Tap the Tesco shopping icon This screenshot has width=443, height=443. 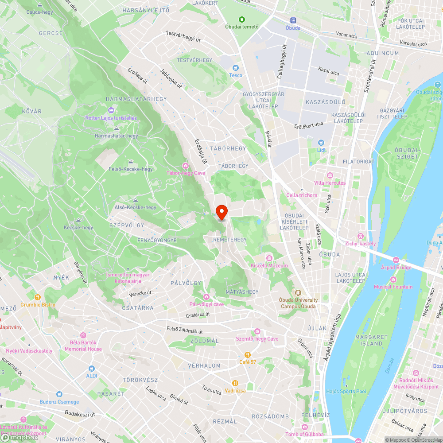click(236, 68)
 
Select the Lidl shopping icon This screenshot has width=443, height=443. click(321, 143)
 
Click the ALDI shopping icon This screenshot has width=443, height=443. click(91, 369)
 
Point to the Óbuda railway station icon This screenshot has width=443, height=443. click(293, 20)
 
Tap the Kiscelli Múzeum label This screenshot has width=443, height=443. click(269, 265)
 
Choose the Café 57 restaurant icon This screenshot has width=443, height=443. click(248, 355)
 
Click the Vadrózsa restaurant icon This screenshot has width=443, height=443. click(235, 383)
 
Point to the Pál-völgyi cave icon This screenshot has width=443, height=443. click(206, 296)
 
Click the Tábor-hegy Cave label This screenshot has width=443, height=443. click(186, 173)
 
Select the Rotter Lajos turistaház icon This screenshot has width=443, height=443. click(111, 110)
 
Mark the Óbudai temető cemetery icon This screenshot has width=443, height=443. click(242, 19)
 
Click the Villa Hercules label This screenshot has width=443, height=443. click(330, 183)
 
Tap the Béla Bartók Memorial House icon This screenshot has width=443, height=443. click(83, 335)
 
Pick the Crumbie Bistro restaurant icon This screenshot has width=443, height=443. click(38, 297)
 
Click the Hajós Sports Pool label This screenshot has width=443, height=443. click(346, 392)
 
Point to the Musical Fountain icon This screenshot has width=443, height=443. click(393, 279)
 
